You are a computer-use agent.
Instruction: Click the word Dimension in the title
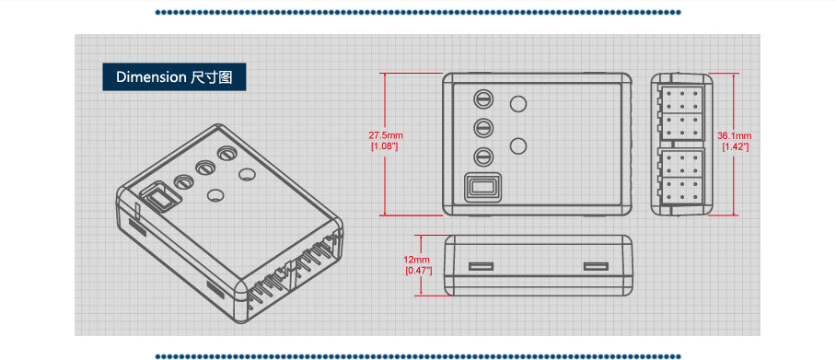(x=151, y=77)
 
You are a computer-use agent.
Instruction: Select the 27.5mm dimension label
(x=386, y=136)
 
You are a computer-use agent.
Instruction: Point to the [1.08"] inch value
(x=384, y=146)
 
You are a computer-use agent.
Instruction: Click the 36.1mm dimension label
(x=735, y=136)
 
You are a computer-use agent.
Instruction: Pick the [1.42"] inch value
(x=735, y=146)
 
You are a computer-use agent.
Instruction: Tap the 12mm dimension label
(x=417, y=260)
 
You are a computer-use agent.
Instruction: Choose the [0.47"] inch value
(x=417, y=270)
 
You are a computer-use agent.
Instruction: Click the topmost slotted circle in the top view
(x=482, y=99)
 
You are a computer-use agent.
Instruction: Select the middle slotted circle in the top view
(x=482, y=128)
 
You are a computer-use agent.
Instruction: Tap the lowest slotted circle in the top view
(x=482, y=157)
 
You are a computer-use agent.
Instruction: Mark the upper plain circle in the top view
(x=518, y=104)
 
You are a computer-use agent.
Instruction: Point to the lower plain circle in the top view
(x=518, y=145)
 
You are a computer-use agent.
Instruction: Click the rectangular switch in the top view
(x=482, y=187)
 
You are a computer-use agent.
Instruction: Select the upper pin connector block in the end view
(x=682, y=109)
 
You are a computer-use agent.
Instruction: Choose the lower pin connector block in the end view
(x=682, y=180)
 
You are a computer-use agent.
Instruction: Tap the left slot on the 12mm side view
(x=480, y=267)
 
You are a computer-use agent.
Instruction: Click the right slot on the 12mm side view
(x=596, y=267)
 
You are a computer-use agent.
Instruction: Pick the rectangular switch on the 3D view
(x=157, y=198)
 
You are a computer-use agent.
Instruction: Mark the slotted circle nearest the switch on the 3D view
(x=182, y=181)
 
